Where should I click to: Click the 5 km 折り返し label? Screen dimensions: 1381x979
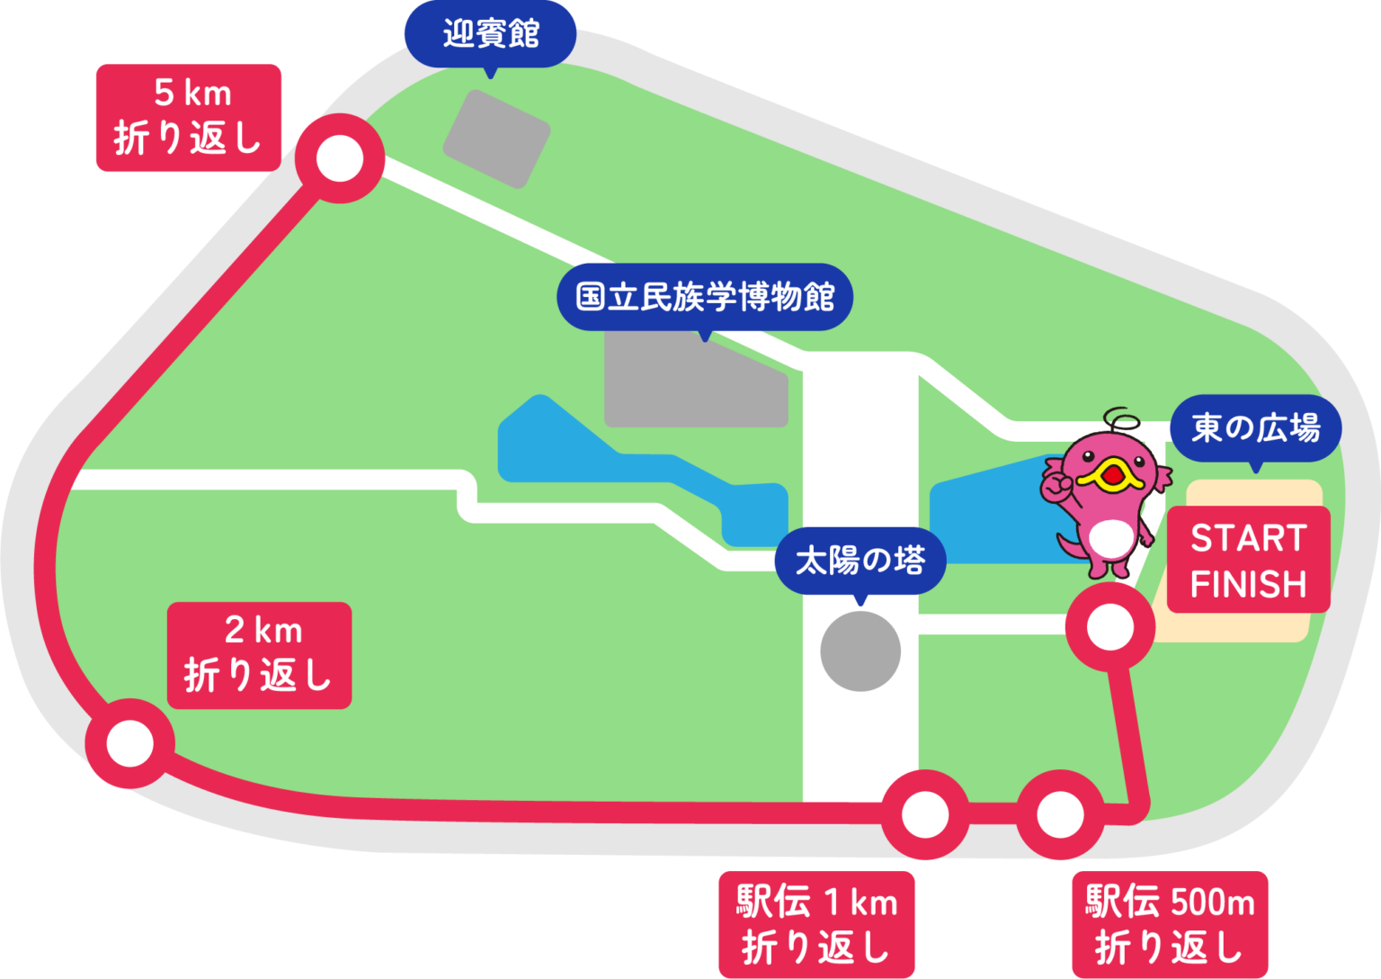[x=189, y=118]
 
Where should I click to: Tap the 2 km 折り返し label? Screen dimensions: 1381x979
[x=259, y=655]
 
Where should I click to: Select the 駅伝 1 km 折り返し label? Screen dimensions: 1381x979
[x=816, y=924]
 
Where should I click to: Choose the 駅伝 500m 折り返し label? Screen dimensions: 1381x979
[x=1170, y=924]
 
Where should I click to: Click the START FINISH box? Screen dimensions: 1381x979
[x=1248, y=560]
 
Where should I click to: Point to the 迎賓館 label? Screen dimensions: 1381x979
[x=490, y=34]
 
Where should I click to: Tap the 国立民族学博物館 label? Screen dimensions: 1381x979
[x=705, y=297]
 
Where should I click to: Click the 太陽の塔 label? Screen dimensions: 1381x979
[x=860, y=561]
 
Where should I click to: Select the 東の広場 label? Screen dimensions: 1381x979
[x=1255, y=428]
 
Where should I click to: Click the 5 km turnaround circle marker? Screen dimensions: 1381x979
[x=340, y=159]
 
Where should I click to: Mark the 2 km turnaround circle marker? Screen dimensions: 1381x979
[x=130, y=743]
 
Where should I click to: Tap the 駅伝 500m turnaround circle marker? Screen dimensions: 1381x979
[x=1061, y=814]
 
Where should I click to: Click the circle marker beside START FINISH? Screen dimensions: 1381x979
[x=1110, y=627]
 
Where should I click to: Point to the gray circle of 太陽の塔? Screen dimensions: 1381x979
[x=860, y=651]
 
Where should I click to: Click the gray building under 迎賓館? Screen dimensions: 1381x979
[x=497, y=139]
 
